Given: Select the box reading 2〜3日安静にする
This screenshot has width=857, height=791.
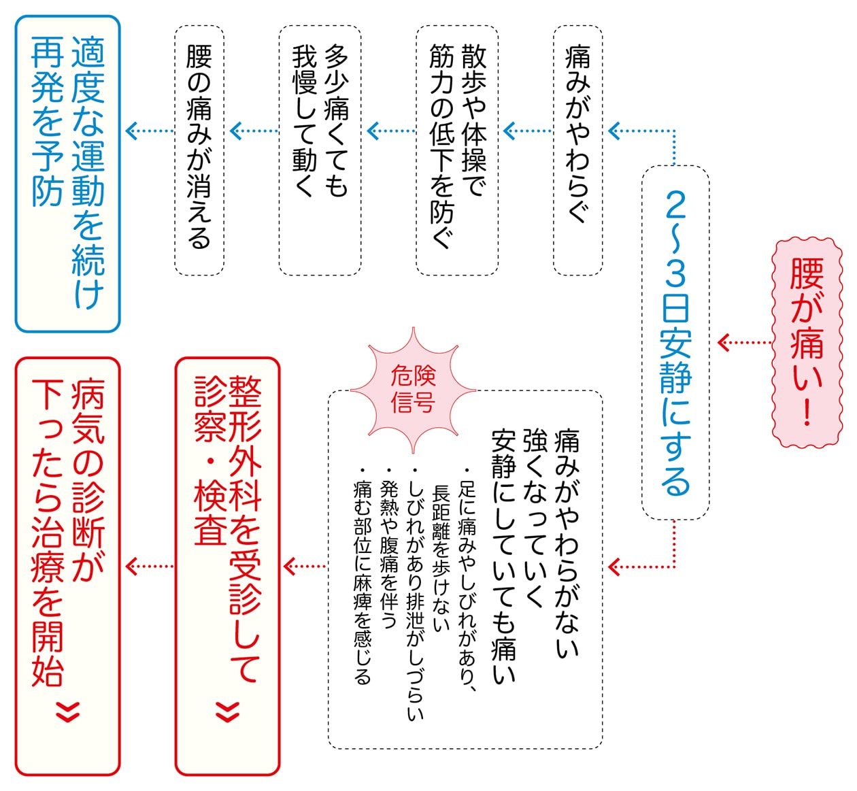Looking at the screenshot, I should tap(675, 342).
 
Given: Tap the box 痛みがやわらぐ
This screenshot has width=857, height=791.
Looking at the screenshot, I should tap(577, 150).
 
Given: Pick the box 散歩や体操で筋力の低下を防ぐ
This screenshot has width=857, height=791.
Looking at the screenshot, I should tap(457, 150).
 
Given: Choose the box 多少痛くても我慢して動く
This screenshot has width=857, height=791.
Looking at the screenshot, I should tap(320, 150).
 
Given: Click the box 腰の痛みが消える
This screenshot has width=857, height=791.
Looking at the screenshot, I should tap(199, 150).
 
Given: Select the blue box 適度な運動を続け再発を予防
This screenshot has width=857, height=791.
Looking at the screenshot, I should tap(67, 174).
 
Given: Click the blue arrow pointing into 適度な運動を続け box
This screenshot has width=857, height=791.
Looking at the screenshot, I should tap(150, 131).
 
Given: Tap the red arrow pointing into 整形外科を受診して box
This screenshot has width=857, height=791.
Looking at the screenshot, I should tap(304, 566).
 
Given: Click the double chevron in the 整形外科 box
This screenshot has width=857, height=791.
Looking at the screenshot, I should tap(227, 711).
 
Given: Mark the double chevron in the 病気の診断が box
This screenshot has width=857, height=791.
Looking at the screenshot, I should tap(67, 711).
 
